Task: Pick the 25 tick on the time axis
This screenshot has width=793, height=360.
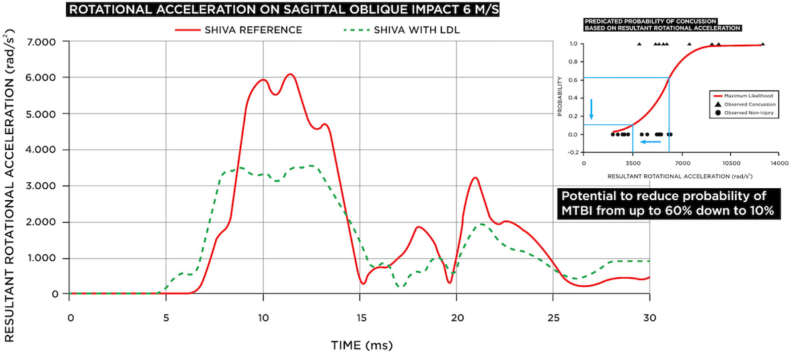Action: click(x=554, y=316)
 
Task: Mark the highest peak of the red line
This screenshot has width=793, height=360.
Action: click(x=289, y=74)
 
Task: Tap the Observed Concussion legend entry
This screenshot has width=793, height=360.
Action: click(x=743, y=104)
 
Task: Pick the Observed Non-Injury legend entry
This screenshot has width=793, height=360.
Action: click(x=743, y=113)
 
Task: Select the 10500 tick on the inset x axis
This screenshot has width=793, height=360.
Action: click(x=730, y=162)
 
